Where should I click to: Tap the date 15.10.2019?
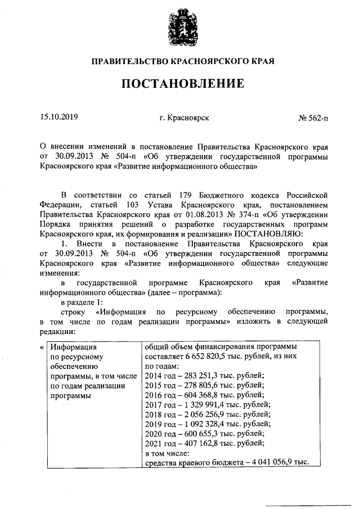pos(59,118)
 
